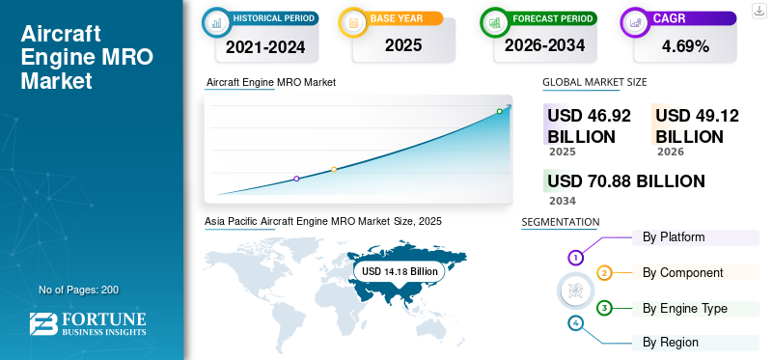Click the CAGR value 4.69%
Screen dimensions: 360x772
click(686, 45)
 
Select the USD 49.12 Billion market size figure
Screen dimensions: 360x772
click(697, 126)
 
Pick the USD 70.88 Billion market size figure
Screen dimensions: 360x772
click(625, 181)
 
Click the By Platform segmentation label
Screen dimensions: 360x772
click(674, 237)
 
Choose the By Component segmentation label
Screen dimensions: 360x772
click(682, 273)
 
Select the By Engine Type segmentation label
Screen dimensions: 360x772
click(685, 309)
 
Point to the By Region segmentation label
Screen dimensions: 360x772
click(671, 343)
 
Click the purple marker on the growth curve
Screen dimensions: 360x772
click(296, 179)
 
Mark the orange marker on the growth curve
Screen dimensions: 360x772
click(334, 170)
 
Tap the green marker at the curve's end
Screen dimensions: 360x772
click(500, 111)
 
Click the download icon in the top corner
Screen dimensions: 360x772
click(759, 12)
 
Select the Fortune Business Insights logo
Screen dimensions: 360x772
click(89, 324)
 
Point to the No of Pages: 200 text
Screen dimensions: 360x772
click(78, 290)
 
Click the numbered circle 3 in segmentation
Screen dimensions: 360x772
click(604, 309)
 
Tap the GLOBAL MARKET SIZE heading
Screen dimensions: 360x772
click(594, 82)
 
